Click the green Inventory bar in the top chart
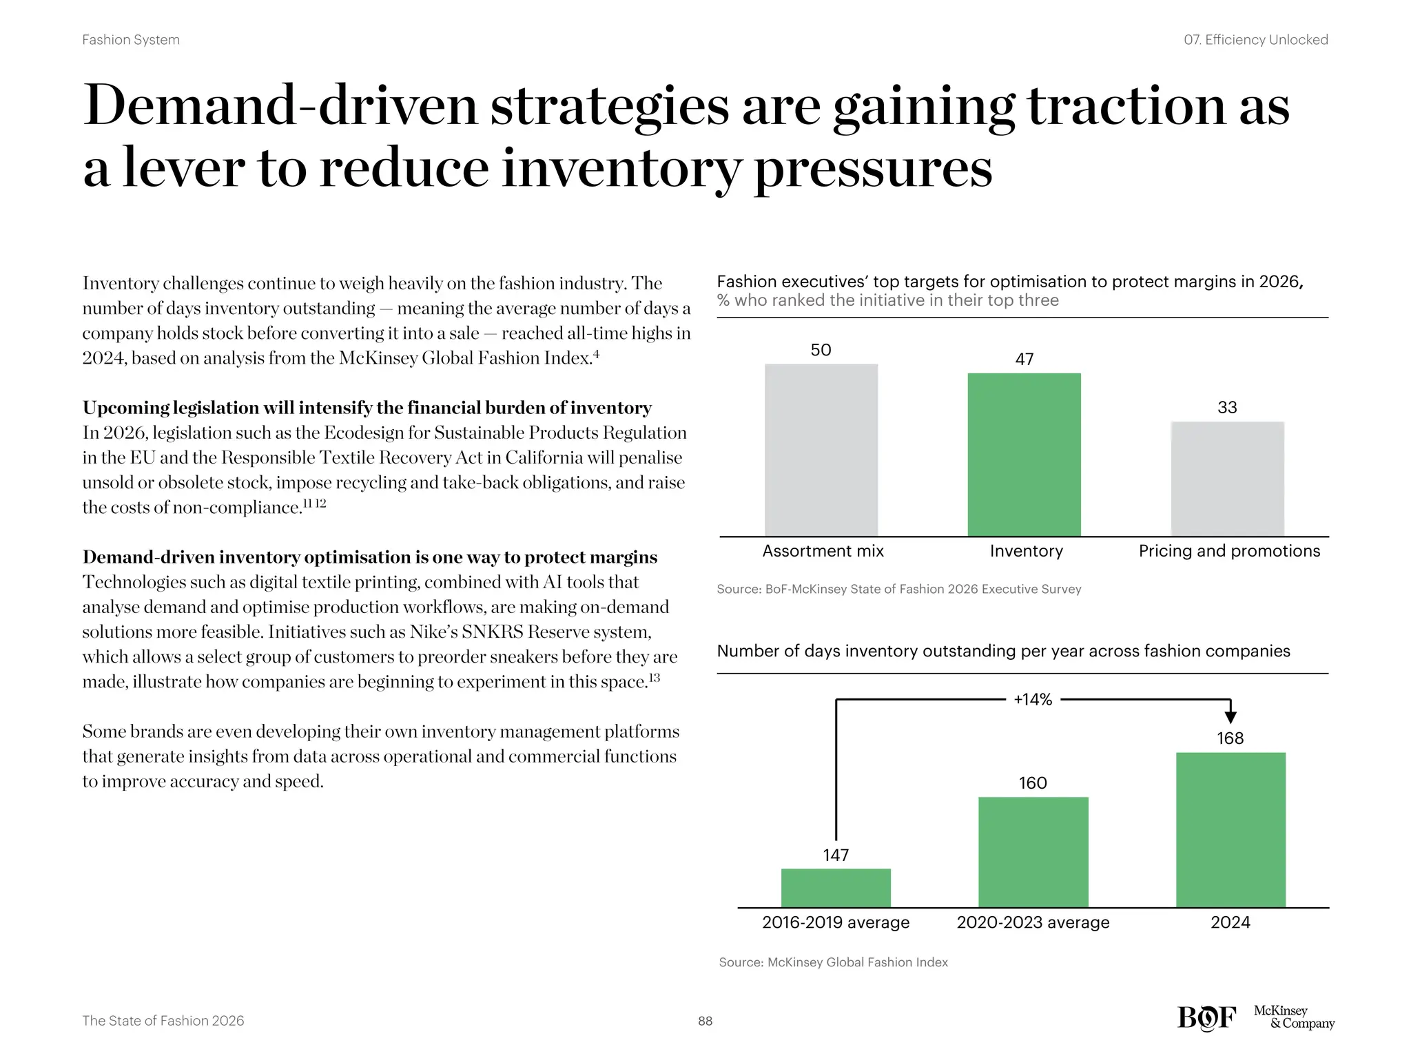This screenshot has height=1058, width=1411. (x=1024, y=455)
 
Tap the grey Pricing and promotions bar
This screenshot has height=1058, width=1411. (x=1227, y=479)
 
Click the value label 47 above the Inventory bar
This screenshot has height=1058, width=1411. (x=1024, y=359)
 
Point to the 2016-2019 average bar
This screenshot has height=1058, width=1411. (x=836, y=888)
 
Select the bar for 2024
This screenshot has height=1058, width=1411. (x=1230, y=829)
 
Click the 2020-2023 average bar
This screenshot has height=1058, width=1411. (x=1033, y=852)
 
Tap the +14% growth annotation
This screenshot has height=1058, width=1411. (x=1033, y=700)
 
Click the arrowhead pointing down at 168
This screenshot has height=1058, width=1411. (x=1230, y=717)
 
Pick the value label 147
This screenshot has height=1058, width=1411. (x=836, y=855)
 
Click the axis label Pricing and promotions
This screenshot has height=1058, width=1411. (x=1229, y=551)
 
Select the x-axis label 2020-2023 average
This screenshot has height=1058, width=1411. (x=1033, y=922)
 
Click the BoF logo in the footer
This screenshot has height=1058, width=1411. (x=1206, y=1018)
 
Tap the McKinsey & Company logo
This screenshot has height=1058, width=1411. (x=1293, y=1017)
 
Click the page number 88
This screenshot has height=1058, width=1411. (x=705, y=1021)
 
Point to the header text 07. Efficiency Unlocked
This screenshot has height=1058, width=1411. (x=1255, y=40)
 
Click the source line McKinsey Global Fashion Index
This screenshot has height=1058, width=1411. (x=833, y=962)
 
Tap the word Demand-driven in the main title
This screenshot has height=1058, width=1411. (x=280, y=106)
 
